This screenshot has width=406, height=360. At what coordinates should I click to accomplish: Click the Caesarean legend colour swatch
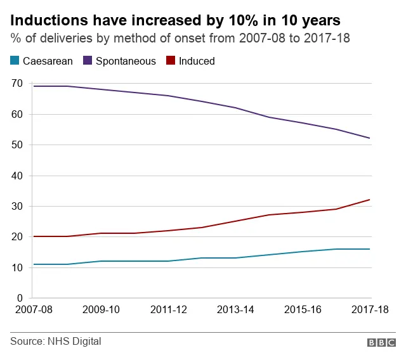point(15,61)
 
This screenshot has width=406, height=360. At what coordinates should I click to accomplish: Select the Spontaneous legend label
point(124,61)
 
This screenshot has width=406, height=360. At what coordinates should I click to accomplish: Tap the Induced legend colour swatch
point(170,61)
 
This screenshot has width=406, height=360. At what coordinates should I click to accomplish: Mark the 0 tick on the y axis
point(20,298)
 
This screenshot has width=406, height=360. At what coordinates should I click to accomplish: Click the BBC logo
point(381,342)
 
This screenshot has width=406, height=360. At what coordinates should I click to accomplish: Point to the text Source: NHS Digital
point(56,342)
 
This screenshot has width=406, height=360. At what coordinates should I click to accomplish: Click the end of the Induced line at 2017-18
point(370,200)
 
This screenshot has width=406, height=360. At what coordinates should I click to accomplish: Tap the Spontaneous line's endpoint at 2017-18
point(370,138)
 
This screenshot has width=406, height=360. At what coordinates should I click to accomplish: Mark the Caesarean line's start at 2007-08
point(33,264)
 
